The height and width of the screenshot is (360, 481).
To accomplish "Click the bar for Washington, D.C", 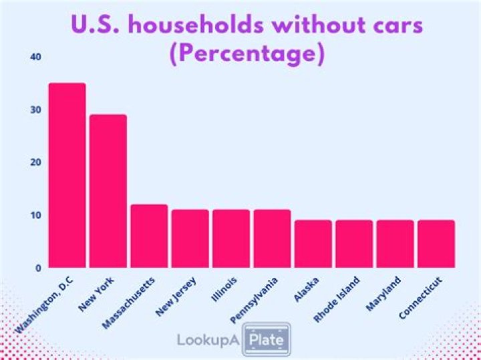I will point(67,176).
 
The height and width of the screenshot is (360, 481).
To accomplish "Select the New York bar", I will point(108,191).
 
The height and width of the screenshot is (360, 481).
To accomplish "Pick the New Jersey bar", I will point(190,238).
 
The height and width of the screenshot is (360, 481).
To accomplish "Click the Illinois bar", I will point(231,238).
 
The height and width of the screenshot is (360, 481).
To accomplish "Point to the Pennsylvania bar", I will point(272,238).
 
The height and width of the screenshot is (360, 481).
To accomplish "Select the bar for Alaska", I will point(313,244).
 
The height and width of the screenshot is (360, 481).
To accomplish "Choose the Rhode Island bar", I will point(354,244).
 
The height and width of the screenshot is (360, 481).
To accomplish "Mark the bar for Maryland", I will point(395,244).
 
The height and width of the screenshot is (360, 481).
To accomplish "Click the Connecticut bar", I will point(436,244).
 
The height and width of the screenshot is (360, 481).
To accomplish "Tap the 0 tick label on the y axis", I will point(38,268).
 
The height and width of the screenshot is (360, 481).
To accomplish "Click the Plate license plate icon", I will point(267,339).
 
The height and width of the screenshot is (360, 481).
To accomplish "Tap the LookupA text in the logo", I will point(208,340).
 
